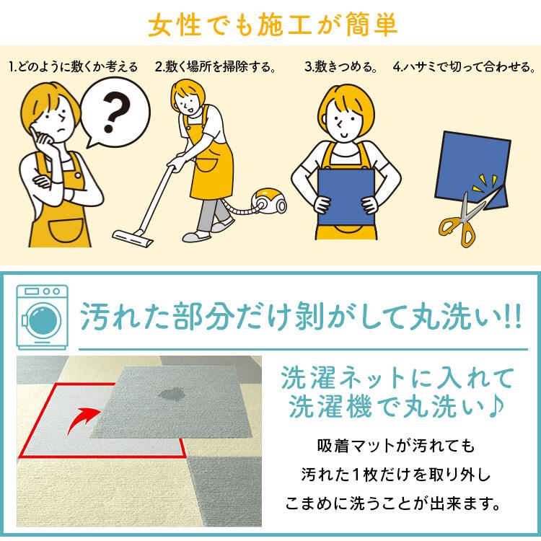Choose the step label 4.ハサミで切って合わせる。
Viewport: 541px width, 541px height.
point(465,68)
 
